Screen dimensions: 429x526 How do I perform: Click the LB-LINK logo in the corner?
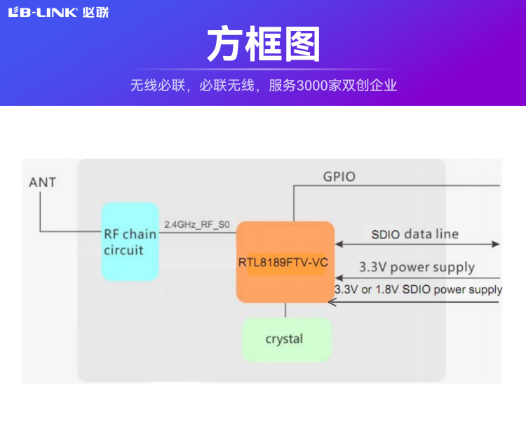(x=42, y=12)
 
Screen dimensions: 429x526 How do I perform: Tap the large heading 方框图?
(x=263, y=45)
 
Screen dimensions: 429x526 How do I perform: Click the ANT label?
(x=42, y=183)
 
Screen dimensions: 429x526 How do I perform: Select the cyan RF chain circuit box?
(x=130, y=242)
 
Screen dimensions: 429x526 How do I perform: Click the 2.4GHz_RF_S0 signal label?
(x=196, y=225)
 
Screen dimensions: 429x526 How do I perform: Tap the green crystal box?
(x=285, y=339)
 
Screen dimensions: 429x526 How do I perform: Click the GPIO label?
(x=339, y=177)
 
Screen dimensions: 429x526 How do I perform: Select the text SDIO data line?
(x=414, y=234)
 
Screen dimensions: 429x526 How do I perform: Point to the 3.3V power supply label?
(x=417, y=267)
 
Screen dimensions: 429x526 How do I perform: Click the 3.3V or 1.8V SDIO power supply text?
(x=418, y=290)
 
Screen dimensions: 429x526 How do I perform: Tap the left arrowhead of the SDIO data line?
(x=339, y=244)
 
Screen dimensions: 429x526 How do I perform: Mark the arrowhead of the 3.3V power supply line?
(x=332, y=278)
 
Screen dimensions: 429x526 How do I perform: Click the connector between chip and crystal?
(x=285, y=309)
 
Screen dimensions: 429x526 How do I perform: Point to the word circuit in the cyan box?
(x=123, y=250)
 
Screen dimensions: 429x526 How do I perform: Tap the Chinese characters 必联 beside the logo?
(x=95, y=12)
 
